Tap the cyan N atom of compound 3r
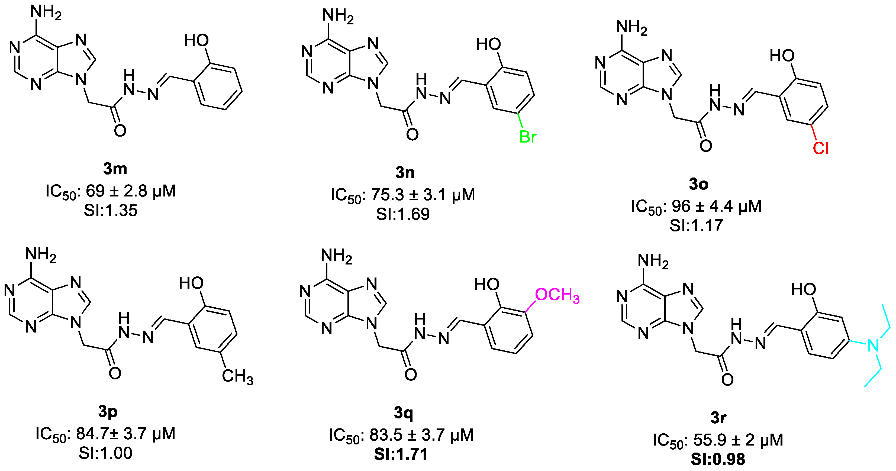point(873,346)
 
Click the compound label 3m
point(115,169)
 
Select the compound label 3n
point(405,173)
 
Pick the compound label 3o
point(698,184)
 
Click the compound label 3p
point(108,412)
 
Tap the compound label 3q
point(404,413)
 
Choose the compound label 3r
point(718,417)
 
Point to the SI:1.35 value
point(111,211)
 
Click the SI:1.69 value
point(403,214)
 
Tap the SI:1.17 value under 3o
point(696,225)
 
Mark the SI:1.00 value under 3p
point(105,453)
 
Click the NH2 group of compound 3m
point(46,13)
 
